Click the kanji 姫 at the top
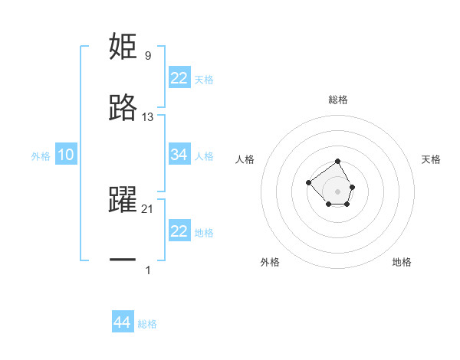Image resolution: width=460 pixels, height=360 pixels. click(123, 47)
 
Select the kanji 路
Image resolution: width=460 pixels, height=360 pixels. click(123, 109)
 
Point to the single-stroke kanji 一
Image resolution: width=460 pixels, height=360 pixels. click(123, 261)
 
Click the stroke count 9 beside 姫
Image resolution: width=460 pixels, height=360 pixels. click(147, 55)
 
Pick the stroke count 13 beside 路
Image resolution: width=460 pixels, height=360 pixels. click(148, 117)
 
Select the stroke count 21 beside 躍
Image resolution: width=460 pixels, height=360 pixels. click(148, 208)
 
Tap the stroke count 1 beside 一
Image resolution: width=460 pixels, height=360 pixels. click(147, 270)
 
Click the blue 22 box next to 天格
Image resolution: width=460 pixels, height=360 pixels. click(179, 78)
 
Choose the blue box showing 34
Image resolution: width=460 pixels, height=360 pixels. click(179, 155)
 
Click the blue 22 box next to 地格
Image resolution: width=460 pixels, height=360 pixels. click(179, 231)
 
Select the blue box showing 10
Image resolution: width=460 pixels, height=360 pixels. click(65, 155)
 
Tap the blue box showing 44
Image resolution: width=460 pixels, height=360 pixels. click(122, 322)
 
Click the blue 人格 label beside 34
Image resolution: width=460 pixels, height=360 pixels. click(204, 155)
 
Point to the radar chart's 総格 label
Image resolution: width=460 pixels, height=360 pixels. click(338, 100)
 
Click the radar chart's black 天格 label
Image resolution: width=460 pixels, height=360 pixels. click(432, 159)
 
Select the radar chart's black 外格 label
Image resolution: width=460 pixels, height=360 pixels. click(270, 262)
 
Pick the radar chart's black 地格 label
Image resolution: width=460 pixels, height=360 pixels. click(402, 262)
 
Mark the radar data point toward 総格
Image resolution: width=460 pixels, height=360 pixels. click(338, 161)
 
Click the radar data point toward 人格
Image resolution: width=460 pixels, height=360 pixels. click(308, 182)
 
